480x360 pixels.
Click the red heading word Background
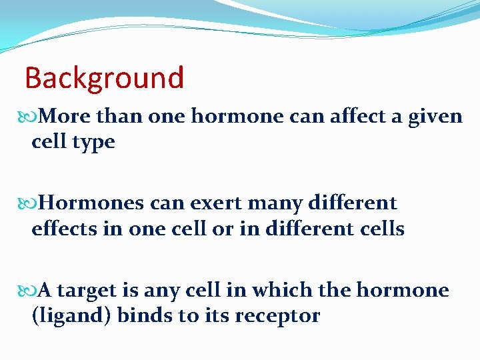point(104,78)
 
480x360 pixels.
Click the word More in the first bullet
point(66,117)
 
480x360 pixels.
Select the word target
point(89,291)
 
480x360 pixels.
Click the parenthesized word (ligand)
point(71,316)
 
